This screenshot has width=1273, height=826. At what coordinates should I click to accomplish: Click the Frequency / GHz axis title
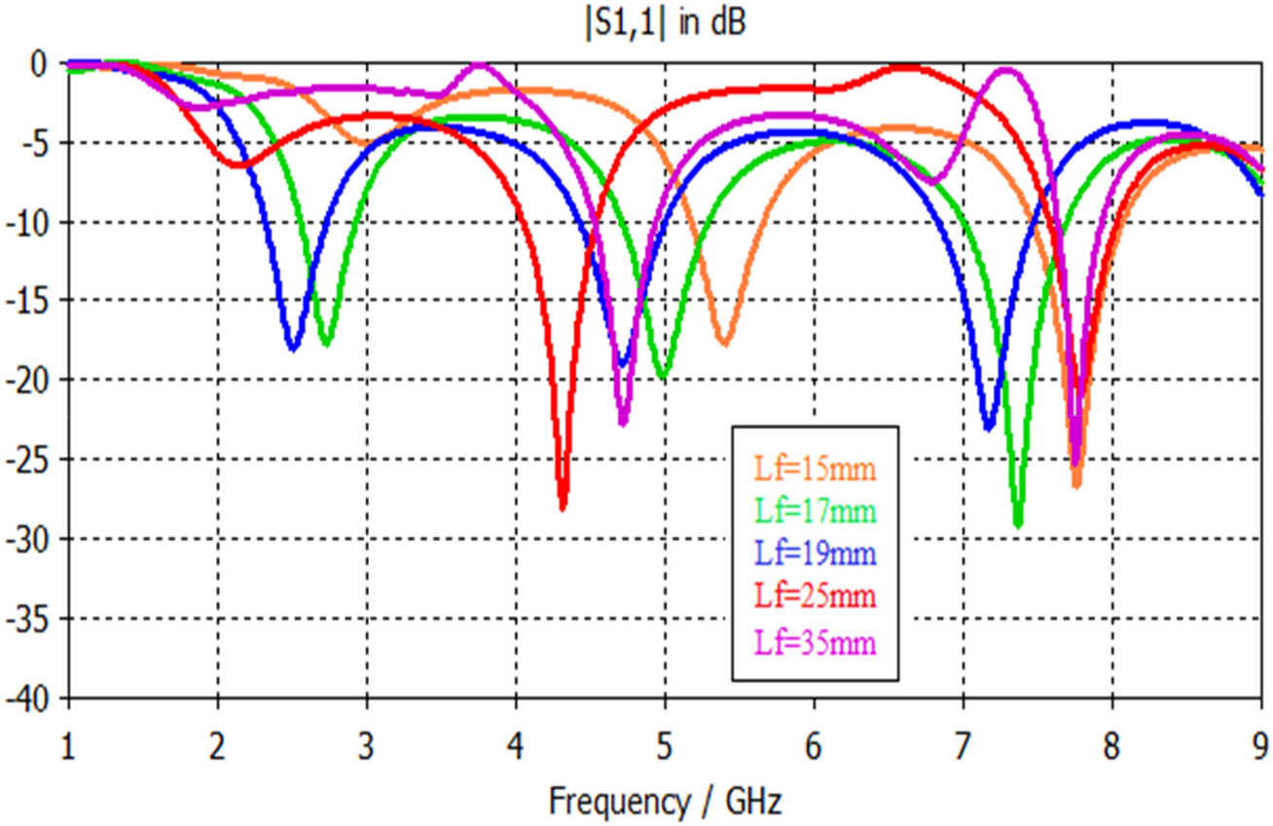click(x=665, y=803)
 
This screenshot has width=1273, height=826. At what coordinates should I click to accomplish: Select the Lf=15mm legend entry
click(x=816, y=468)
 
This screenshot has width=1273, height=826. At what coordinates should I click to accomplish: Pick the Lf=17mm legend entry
click(x=816, y=510)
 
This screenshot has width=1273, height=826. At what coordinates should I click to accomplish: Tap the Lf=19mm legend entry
click(x=816, y=555)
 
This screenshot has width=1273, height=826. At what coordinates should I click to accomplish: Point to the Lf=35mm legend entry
click(x=816, y=642)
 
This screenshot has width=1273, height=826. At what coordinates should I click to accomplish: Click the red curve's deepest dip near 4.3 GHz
click(x=563, y=506)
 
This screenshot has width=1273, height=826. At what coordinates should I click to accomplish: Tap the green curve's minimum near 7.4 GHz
click(x=1018, y=524)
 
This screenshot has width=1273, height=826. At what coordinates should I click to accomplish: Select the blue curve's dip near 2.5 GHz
click(x=293, y=347)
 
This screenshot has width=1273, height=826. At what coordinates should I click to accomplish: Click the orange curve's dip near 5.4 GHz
click(x=724, y=342)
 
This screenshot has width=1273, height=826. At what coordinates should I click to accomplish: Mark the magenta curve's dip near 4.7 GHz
click(x=623, y=422)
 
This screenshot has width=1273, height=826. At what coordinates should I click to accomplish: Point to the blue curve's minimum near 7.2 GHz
click(x=989, y=427)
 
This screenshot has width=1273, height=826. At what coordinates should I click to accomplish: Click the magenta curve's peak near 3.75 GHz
click(x=480, y=65)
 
